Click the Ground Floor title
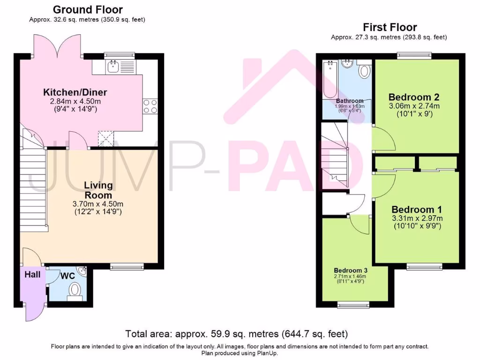click(x=88, y=9)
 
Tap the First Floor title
click(x=390, y=27)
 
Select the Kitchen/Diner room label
click(x=75, y=92)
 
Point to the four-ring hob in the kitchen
click(x=150, y=106)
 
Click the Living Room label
click(x=98, y=190)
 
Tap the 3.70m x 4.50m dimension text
click(x=98, y=204)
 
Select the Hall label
click(x=32, y=274)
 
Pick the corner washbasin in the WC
click(x=82, y=270)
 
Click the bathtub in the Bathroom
click(x=330, y=80)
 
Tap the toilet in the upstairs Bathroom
click(x=364, y=69)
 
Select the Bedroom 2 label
click(x=414, y=97)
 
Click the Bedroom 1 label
click(x=417, y=210)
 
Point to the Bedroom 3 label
click(x=351, y=270)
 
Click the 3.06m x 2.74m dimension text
click(x=414, y=106)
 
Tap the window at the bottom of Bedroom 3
click(x=353, y=305)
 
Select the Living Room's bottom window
click(x=127, y=267)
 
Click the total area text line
click(x=237, y=334)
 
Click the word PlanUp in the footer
click(x=267, y=353)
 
